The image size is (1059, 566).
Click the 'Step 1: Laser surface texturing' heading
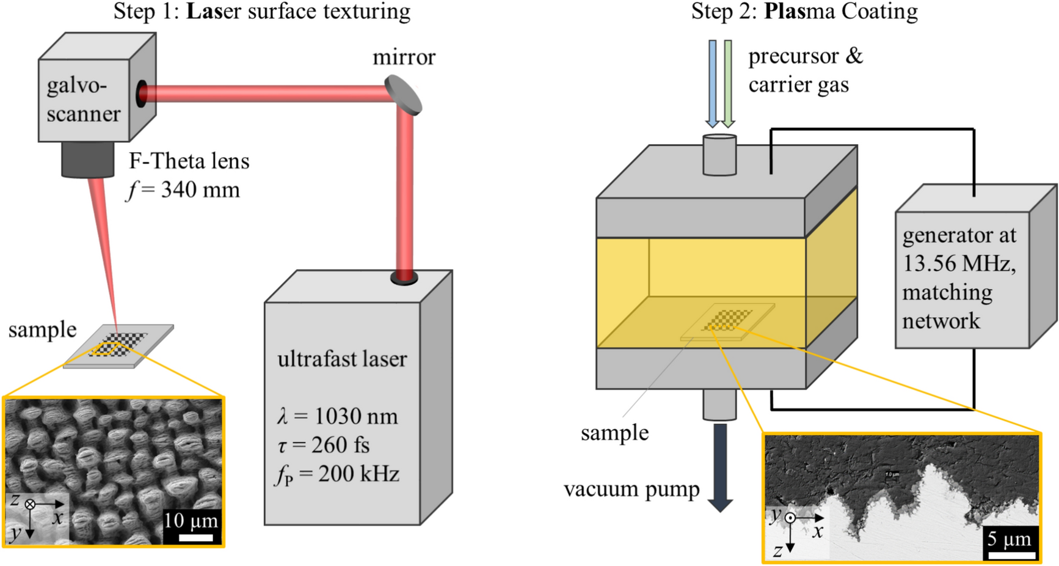coord(262,12)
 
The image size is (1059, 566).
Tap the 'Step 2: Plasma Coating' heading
coord(804,12)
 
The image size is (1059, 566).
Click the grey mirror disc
coord(404,95)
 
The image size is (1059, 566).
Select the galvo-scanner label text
coord(84,99)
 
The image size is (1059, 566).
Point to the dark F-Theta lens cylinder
coord(87,160)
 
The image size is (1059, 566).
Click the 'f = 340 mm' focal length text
coord(183,190)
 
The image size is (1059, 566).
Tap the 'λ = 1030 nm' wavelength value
coord(338,416)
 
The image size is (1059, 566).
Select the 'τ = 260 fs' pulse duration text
coord(324,445)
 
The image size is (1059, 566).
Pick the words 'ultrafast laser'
coord(342,359)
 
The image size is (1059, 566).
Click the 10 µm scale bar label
coord(191,521)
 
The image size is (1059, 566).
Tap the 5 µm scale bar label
coord(1010,538)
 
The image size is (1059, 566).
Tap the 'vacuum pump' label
coord(631,490)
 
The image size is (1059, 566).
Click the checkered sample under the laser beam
coord(118,345)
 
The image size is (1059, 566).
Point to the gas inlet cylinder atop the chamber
coord(719,155)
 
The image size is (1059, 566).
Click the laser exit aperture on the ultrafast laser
coord(404,278)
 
